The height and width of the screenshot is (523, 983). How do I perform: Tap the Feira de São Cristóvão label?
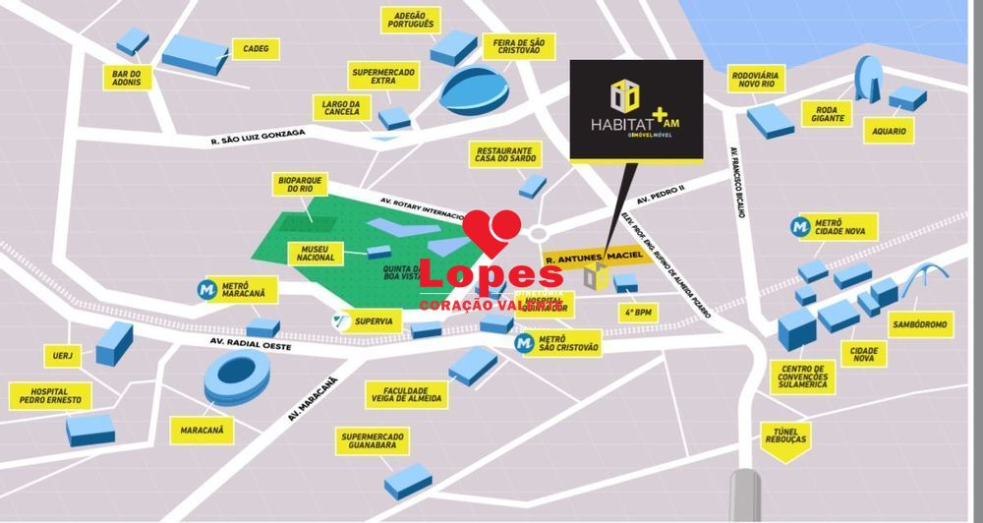click(x=519, y=45)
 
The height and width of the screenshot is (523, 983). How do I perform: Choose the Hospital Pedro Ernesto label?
click(x=50, y=396)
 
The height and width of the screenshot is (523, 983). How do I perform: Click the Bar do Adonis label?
click(x=127, y=77)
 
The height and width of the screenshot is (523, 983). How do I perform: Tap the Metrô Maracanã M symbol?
click(x=206, y=290)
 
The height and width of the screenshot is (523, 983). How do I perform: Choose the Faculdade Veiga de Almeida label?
click(x=406, y=394)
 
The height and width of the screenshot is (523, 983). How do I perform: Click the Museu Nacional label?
click(x=316, y=251)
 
